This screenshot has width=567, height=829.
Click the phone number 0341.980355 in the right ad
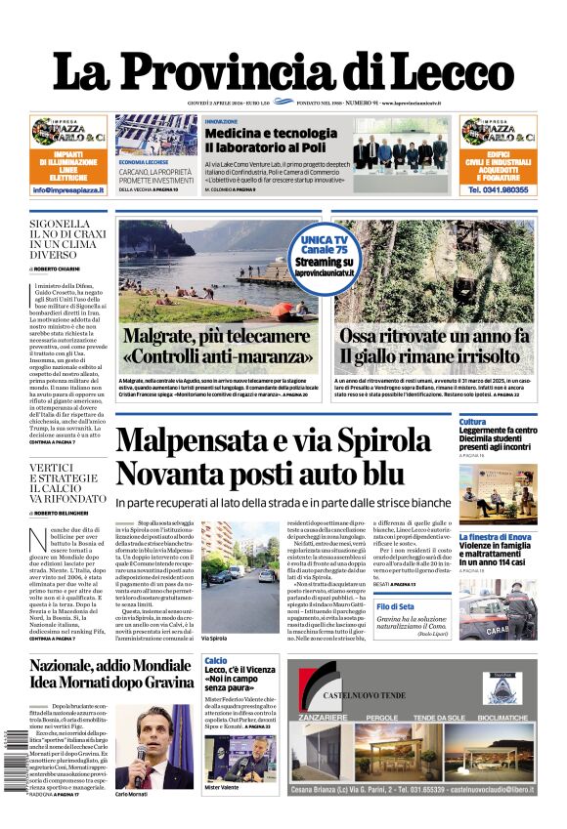pyautogui.click(x=499, y=189)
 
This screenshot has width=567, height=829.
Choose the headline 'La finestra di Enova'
pyautogui.click(x=510, y=537)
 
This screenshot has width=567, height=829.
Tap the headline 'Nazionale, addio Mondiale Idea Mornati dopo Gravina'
pyautogui.click(x=110, y=674)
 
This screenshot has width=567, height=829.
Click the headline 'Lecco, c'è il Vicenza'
pyautogui.click(x=240, y=669)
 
